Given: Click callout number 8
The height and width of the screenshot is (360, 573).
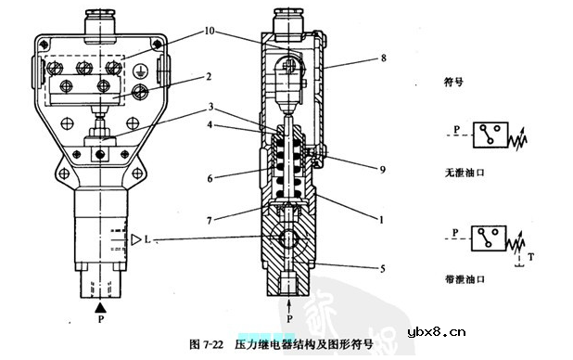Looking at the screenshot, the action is click(383, 58).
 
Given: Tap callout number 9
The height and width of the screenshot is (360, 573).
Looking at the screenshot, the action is click(383, 170).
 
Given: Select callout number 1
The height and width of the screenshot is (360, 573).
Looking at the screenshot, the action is click(381, 220).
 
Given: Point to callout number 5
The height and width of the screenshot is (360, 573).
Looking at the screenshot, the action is click(383, 269).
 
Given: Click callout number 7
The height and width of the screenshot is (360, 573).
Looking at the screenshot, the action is click(210, 220).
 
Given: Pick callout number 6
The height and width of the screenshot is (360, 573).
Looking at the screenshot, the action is click(210, 178).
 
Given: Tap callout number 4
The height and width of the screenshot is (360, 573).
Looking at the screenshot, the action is click(210, 124).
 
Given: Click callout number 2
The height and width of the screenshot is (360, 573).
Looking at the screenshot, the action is click(209, 77).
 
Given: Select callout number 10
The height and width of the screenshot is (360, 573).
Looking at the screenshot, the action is click(210, 31).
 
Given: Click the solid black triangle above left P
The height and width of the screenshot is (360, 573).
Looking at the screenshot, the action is click(100, 308).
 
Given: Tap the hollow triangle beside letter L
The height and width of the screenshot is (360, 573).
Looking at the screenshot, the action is click(136, 239).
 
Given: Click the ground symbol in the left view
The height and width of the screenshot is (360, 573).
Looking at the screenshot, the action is click(138, 71).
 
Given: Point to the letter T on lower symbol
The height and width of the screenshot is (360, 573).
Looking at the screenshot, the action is click(531, 257).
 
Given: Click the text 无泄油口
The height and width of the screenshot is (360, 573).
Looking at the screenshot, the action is click(465, 173).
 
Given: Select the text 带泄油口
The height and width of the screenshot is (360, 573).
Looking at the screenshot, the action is click(465, 279).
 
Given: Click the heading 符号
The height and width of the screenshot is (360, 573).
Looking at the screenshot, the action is click(453, 82).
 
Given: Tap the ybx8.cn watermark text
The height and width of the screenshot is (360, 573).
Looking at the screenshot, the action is click(437, 332).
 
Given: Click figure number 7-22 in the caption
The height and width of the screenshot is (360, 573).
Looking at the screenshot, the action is click(213, 344).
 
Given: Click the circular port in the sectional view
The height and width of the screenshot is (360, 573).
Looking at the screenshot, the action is click(288, 238).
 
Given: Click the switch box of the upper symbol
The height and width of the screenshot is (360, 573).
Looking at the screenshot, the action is click(490, 135).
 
